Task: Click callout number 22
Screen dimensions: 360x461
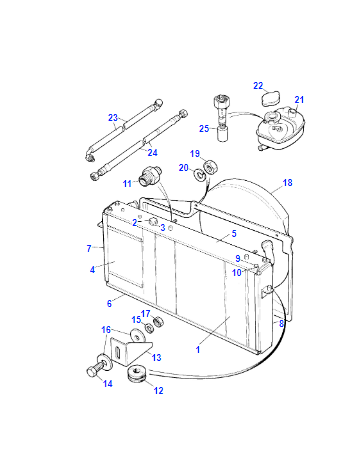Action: (x=258, y=86)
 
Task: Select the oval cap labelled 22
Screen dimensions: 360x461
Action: (x=270, y=99)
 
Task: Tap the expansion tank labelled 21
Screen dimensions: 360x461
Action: (x=281, y=127)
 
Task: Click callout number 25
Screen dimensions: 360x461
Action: (x=204, y=128)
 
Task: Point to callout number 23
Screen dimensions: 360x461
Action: (x=113, y=118)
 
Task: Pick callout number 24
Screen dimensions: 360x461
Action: (x=152, y=153)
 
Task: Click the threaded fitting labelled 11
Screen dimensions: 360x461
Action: (x=150, y=175)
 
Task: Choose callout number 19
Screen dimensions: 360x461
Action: (x=195, y=154)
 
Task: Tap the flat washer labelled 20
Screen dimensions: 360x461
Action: (x=199, y=174)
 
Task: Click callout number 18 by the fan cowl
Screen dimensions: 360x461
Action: (x=287, y=183)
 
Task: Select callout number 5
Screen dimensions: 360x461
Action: (x=234, y=234)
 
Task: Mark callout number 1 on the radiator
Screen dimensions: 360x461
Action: (x=198, y=350)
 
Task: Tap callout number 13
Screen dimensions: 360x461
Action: (x=156, y=358)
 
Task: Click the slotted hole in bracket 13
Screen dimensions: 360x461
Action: (x=118, y=353)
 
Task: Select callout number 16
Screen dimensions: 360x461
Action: (x=106, y=330)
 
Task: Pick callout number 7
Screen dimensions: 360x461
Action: (x=89, y=249)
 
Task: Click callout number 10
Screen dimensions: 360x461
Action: (x=237, y=273)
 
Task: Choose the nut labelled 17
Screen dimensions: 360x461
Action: (x=158, y=322)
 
